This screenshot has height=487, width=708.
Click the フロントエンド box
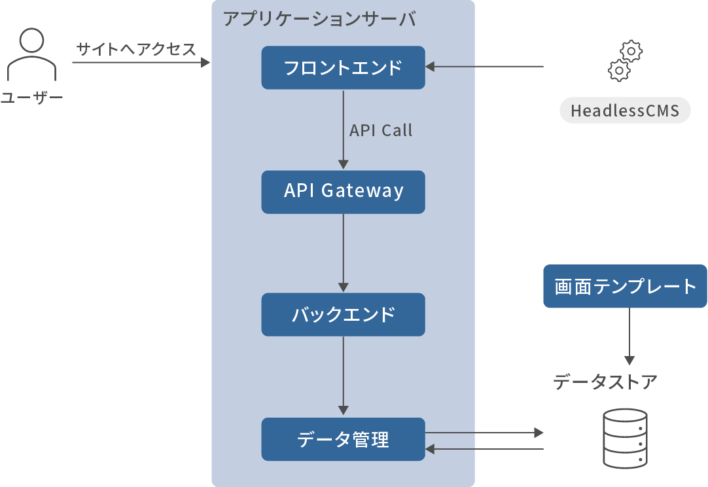pyautogui.click(x=343, y=67)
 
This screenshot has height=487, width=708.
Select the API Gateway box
pyautogui.click(x=343, y=192)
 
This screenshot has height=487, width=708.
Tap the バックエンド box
pyautogui.click(x=343, y=315)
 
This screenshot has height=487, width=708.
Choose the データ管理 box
pyautogui.click(x=343, y=439)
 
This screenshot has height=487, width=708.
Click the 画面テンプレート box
pyautogui.click(x=625, y=286)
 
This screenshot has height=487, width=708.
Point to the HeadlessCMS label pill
pyautogui.click(x=625, y=111)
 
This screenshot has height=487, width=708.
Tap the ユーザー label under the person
pyautogui.click(x=31, y=98)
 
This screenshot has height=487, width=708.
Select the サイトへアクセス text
pyautogui.click(x=136, y=49)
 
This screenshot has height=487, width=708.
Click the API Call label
pyautogui.click(x=381, y=130)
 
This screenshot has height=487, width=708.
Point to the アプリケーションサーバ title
pyautogui.click(x=319, y=18)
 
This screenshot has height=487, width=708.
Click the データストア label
pyautogui.click(x=605, y=382)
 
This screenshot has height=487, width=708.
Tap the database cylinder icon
pyautogui.click(x=625, y=438)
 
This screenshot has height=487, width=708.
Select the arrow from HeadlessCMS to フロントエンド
pyautogui.click(x=484, y=67)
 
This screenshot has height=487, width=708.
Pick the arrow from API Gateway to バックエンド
pyautogui.click(x=344, y=253)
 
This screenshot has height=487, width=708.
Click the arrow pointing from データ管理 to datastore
pyautogui.click(x=484, y=433)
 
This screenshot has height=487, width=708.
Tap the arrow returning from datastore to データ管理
pyautogui.click(x=484, y=449)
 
